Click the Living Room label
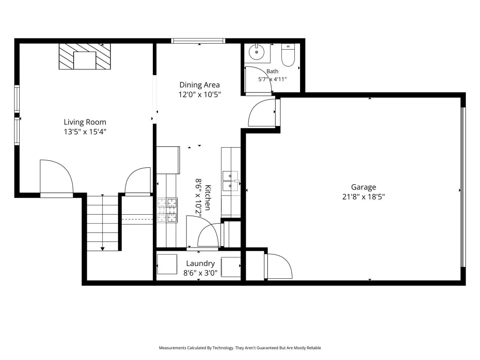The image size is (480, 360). coord(85,122)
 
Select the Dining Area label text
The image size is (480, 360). coord(200,85)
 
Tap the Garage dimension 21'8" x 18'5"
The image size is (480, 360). coord(363,196)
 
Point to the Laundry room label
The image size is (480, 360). coord(201,263)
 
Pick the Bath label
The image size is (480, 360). coord(272,71)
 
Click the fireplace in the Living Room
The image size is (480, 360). coord(85,56)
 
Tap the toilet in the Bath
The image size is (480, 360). coord(288,55)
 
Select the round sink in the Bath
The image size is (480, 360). coord(256,52)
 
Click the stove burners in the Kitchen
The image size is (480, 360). coord(167,210)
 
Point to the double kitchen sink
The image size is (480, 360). coord(230,181)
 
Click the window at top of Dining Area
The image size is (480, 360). coord(198,41)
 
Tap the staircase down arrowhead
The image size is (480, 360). coord(103,248)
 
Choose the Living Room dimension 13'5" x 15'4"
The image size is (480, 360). coord(85,132)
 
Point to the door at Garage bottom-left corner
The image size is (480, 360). coord(278,266)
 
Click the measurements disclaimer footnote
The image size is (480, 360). coord(240,348)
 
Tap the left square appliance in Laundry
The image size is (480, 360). coord(167,264)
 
